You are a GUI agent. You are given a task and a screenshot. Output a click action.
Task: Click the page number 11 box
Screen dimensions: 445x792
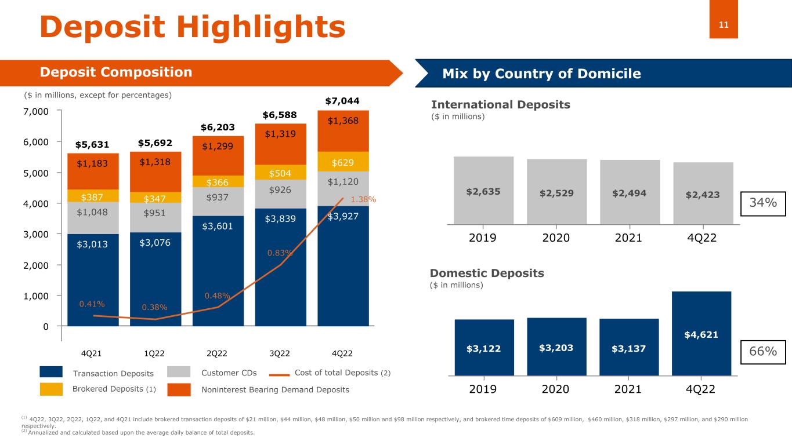point(724,24)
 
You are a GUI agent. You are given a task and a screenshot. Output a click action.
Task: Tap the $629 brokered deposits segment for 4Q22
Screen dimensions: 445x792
point(343,161)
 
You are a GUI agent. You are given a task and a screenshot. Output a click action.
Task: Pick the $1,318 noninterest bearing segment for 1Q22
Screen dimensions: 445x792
point(155,163)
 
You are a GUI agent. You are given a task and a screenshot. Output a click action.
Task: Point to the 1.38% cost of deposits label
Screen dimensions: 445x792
point(364,199)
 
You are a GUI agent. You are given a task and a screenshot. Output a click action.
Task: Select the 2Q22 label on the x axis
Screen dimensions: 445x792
point(218,353)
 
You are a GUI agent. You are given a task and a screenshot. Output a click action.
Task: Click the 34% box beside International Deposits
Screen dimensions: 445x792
point(763,203)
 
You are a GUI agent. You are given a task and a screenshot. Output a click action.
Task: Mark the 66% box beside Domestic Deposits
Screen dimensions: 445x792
point(763,352)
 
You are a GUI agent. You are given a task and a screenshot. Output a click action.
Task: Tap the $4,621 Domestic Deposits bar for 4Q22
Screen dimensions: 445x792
point(701,334)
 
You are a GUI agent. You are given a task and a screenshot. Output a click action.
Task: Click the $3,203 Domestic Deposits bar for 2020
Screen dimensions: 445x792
point(556,348)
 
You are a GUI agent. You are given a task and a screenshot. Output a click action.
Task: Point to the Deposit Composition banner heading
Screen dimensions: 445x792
point(115,72)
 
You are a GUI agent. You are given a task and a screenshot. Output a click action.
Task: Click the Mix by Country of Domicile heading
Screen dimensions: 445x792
point(541,74)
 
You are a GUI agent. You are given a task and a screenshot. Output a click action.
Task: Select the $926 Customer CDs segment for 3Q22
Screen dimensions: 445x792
point(281,189)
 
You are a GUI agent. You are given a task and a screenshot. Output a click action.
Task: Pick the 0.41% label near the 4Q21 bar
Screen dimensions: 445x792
point(92,304)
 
